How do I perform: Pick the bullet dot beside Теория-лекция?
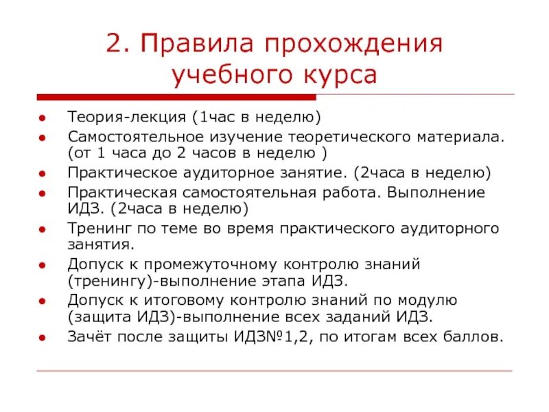pyautogui.click(x=43, y=117)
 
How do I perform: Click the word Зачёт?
pyautogui.click(x=88, y=336)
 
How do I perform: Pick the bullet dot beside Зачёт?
pyautogui.click(x=43, y=338)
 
